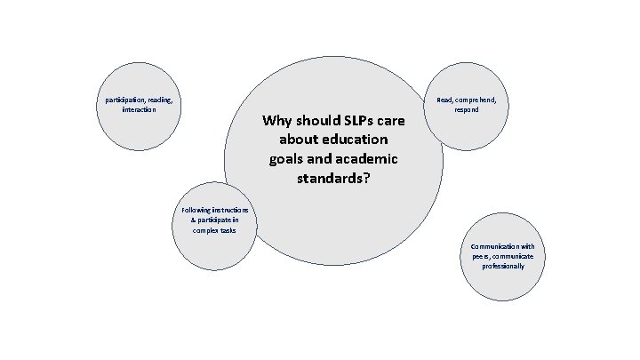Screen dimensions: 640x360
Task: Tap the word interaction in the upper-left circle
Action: (x=139, y=110)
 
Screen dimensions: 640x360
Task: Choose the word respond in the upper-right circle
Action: (x=467, y=110)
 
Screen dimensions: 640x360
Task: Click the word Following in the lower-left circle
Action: (x=196, y=209)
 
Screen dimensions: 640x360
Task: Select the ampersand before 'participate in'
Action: (x=195, y=219)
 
